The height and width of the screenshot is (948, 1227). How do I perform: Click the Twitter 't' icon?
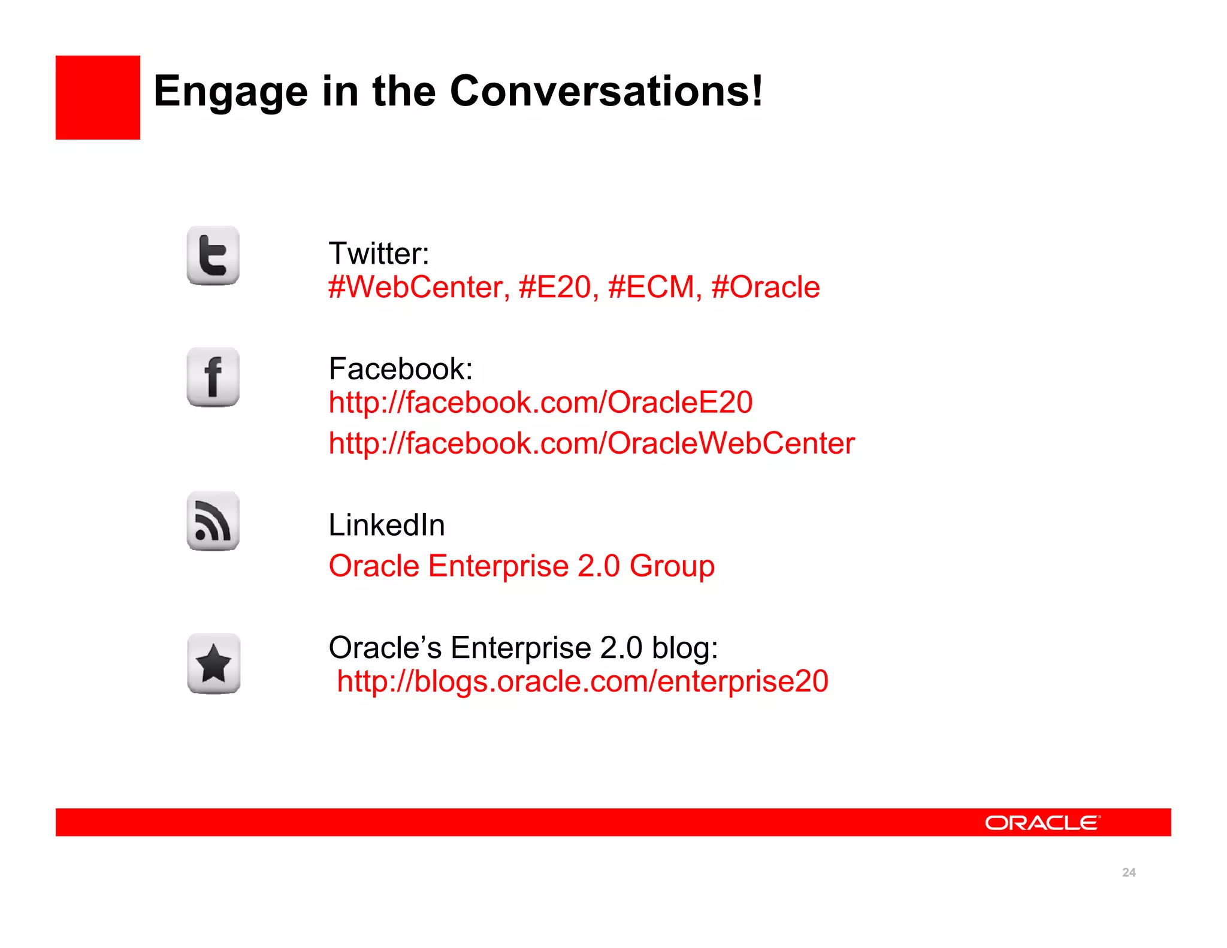213,256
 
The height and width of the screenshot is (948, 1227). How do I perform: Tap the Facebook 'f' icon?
213,377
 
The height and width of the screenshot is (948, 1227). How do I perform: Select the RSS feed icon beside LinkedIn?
213,521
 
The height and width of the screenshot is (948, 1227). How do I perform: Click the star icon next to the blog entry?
214,664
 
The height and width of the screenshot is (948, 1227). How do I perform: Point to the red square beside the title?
98,98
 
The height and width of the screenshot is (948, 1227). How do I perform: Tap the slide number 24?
1129,872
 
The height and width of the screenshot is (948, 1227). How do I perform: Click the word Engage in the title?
231,92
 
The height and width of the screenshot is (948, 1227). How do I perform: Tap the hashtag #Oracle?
766,287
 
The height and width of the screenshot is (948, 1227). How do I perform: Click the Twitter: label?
379,253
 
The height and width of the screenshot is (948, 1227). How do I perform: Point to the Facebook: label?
400,369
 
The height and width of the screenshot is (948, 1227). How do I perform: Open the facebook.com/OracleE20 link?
540,402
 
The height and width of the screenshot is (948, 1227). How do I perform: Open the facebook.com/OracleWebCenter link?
591,443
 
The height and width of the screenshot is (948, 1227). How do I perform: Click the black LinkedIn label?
386,525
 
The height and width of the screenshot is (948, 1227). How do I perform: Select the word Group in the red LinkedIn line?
672,566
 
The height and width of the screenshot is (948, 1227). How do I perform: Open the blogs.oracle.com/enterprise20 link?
582,681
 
